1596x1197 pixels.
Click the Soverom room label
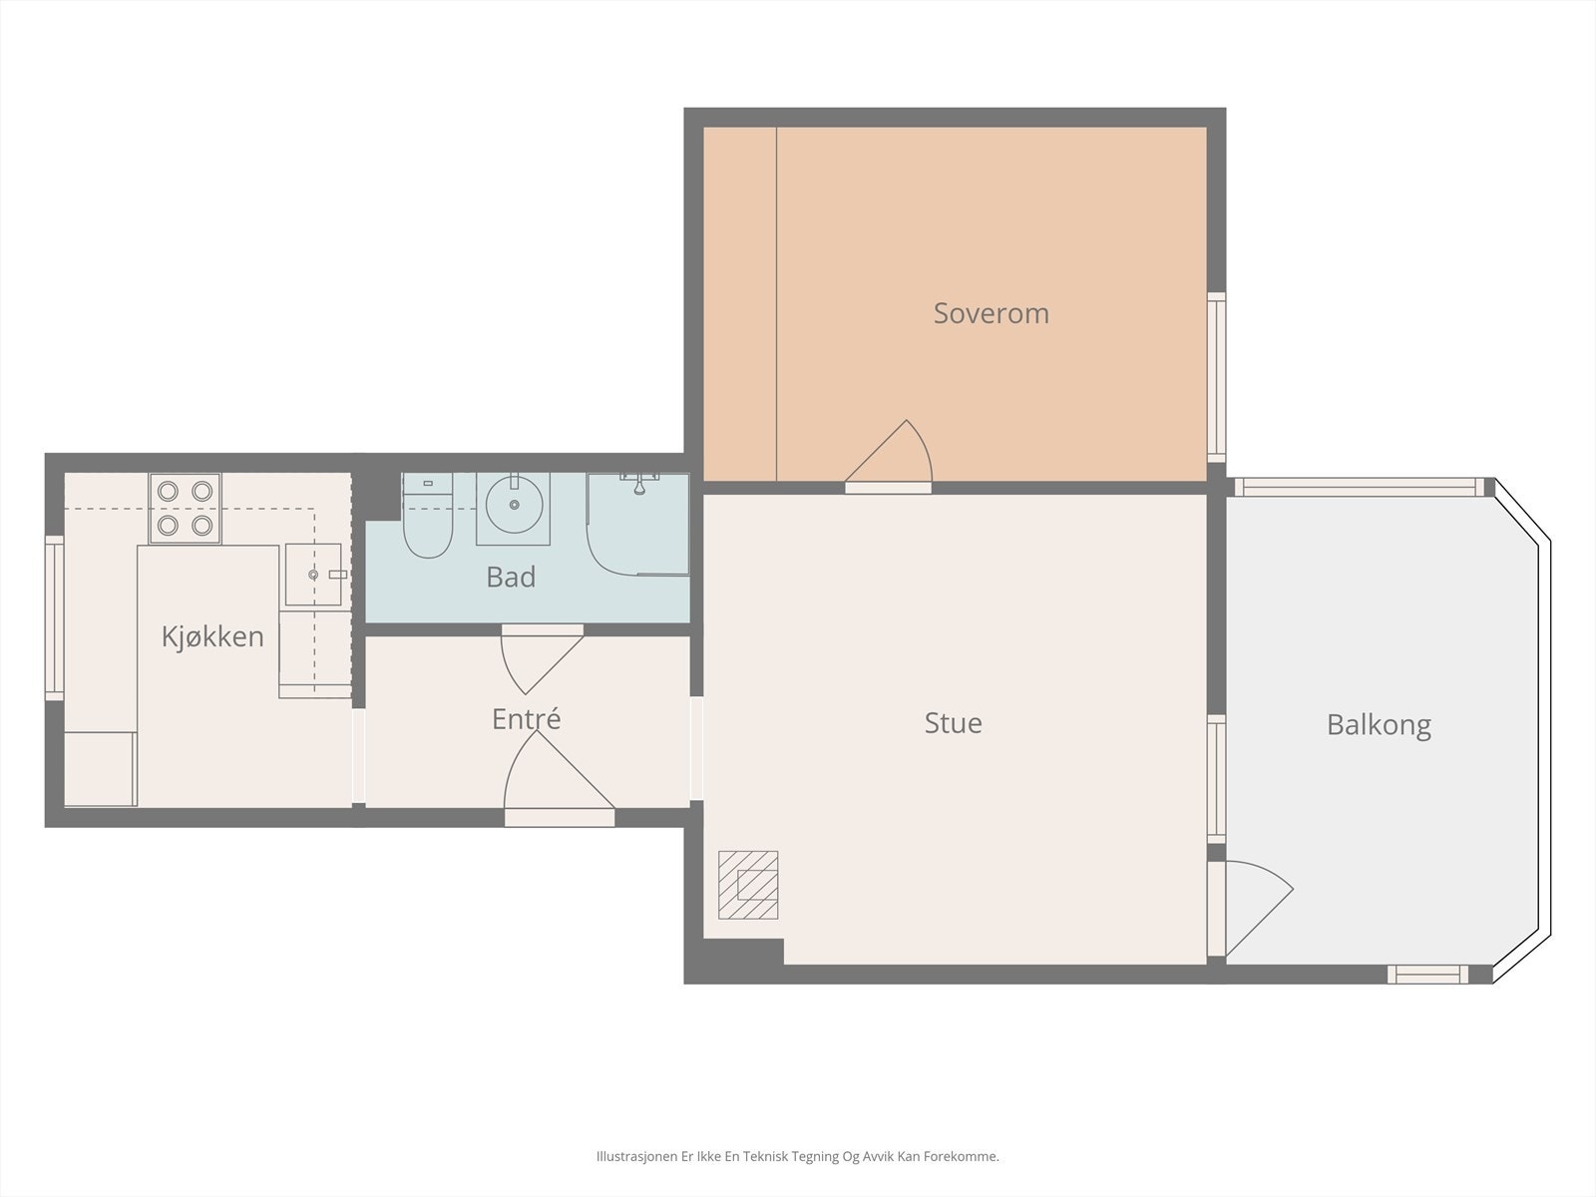(x=992, y=313)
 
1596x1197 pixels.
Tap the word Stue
(x=954, y=723)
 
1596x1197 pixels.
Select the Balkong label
(x=1380, y=725)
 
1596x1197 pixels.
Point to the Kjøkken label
(x=212, y=636)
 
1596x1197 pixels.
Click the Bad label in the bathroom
(x=511, y=578)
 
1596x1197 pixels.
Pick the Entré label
(x=527, y=719)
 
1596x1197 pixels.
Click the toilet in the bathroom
(x=428, y=516)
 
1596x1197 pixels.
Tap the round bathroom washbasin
(x=514, y=505)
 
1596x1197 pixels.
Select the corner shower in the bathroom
(x=637, y=525)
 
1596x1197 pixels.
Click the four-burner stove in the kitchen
(x=185, y=508)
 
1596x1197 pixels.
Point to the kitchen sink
(x=313, y=575)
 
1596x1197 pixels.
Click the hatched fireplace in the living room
(x=748, y=885)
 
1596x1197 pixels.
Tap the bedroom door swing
(x=889, y=451)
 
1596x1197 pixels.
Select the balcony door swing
(x=1259, y=908)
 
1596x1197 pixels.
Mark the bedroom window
(x=1216, y=377)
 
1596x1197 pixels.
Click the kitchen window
(x=55, y=617)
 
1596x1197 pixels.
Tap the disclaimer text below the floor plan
(x=798, y=1156)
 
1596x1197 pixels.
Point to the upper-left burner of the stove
(x=168, y=492)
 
